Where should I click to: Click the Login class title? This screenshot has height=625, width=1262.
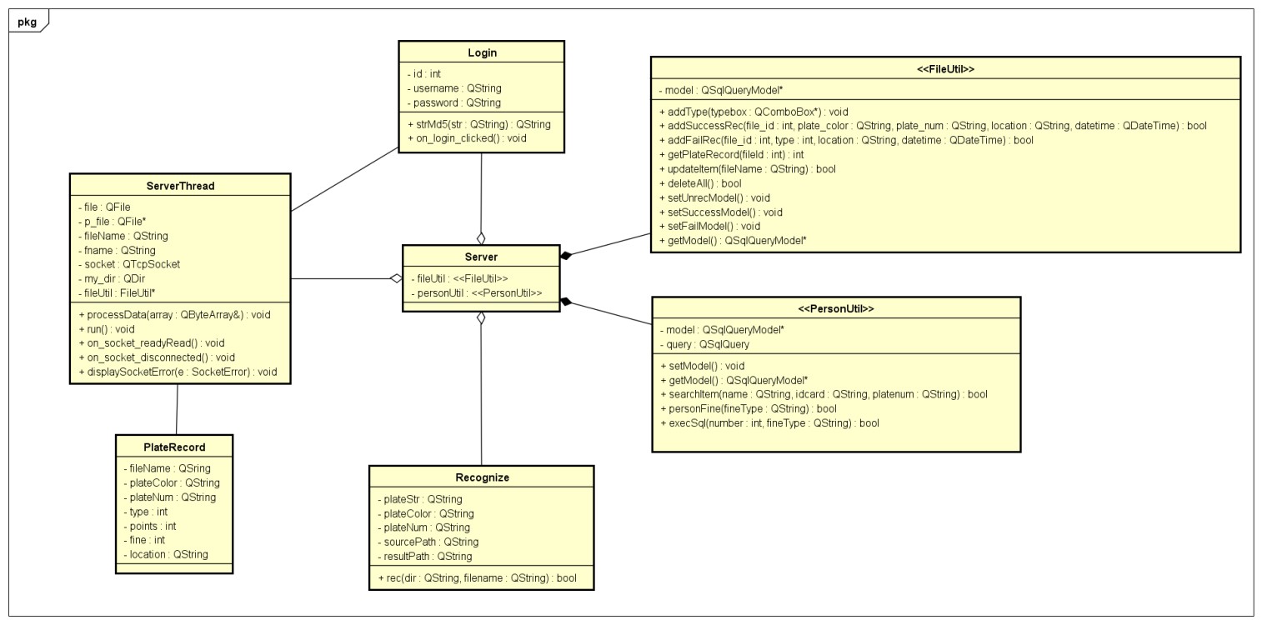pyautogui.click(x=482, y=52)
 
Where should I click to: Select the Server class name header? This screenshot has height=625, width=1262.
pyautogui.click(x=481, y=257)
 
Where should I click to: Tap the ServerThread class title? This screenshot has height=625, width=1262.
pyautogui.click(x=180, y=186)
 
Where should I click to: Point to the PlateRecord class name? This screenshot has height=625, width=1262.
pyautogui.click(x=174, y=447)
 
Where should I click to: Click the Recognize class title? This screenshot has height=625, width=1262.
pyautogui.click(x=482, y=477)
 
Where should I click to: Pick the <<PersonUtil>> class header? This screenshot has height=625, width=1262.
pyautogui.click(x=836, y=308)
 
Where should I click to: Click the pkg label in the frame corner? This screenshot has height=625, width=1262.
pyautogui.click(x=27, y=22)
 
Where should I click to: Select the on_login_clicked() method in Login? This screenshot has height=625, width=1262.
pyautogui.click(x=467, y=138)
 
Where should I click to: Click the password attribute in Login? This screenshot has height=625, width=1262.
pyautogui.click(x=454, y=102)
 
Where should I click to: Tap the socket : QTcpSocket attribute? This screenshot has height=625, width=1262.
pyautogui.click(x=132, y=264)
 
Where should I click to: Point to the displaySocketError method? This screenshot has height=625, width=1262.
pyautogui.click(x=177, y=372)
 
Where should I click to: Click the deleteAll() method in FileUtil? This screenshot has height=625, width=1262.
pyautogui.click(x=688, y=183)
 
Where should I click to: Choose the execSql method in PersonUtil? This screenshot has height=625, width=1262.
pyautogui.click(x=769, y=423)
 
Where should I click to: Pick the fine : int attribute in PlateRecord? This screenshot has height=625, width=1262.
pyautogui.click(x=147, y=540)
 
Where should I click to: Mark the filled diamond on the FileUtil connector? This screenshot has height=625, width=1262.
pyautogui.click(x=566, y=255)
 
